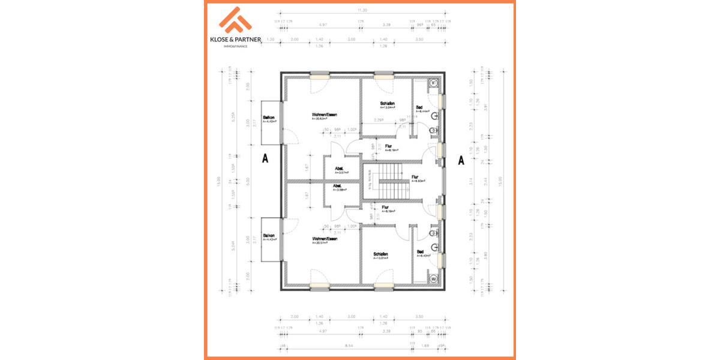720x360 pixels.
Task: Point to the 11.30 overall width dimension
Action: [362, 11]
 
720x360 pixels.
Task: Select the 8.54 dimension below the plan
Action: [349, 346]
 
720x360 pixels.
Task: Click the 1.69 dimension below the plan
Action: [425, 346]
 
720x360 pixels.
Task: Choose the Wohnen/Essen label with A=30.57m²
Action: [324, 239]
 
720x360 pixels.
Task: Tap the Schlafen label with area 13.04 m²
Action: [388, 103]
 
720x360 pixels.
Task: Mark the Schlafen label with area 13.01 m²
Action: [380, 254]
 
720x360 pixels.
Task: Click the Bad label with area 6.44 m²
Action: [420, 108]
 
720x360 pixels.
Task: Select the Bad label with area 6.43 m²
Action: [420, 252]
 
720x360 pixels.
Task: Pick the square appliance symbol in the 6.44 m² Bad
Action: [433, 83]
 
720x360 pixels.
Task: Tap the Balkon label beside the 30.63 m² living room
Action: [269, 119]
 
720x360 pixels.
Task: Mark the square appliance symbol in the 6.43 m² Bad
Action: [433, 278]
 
